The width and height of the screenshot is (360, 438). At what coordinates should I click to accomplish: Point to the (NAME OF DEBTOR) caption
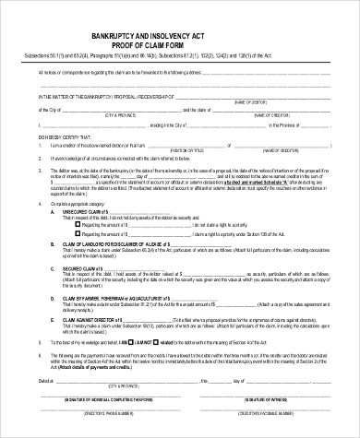(x=277, y=102)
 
